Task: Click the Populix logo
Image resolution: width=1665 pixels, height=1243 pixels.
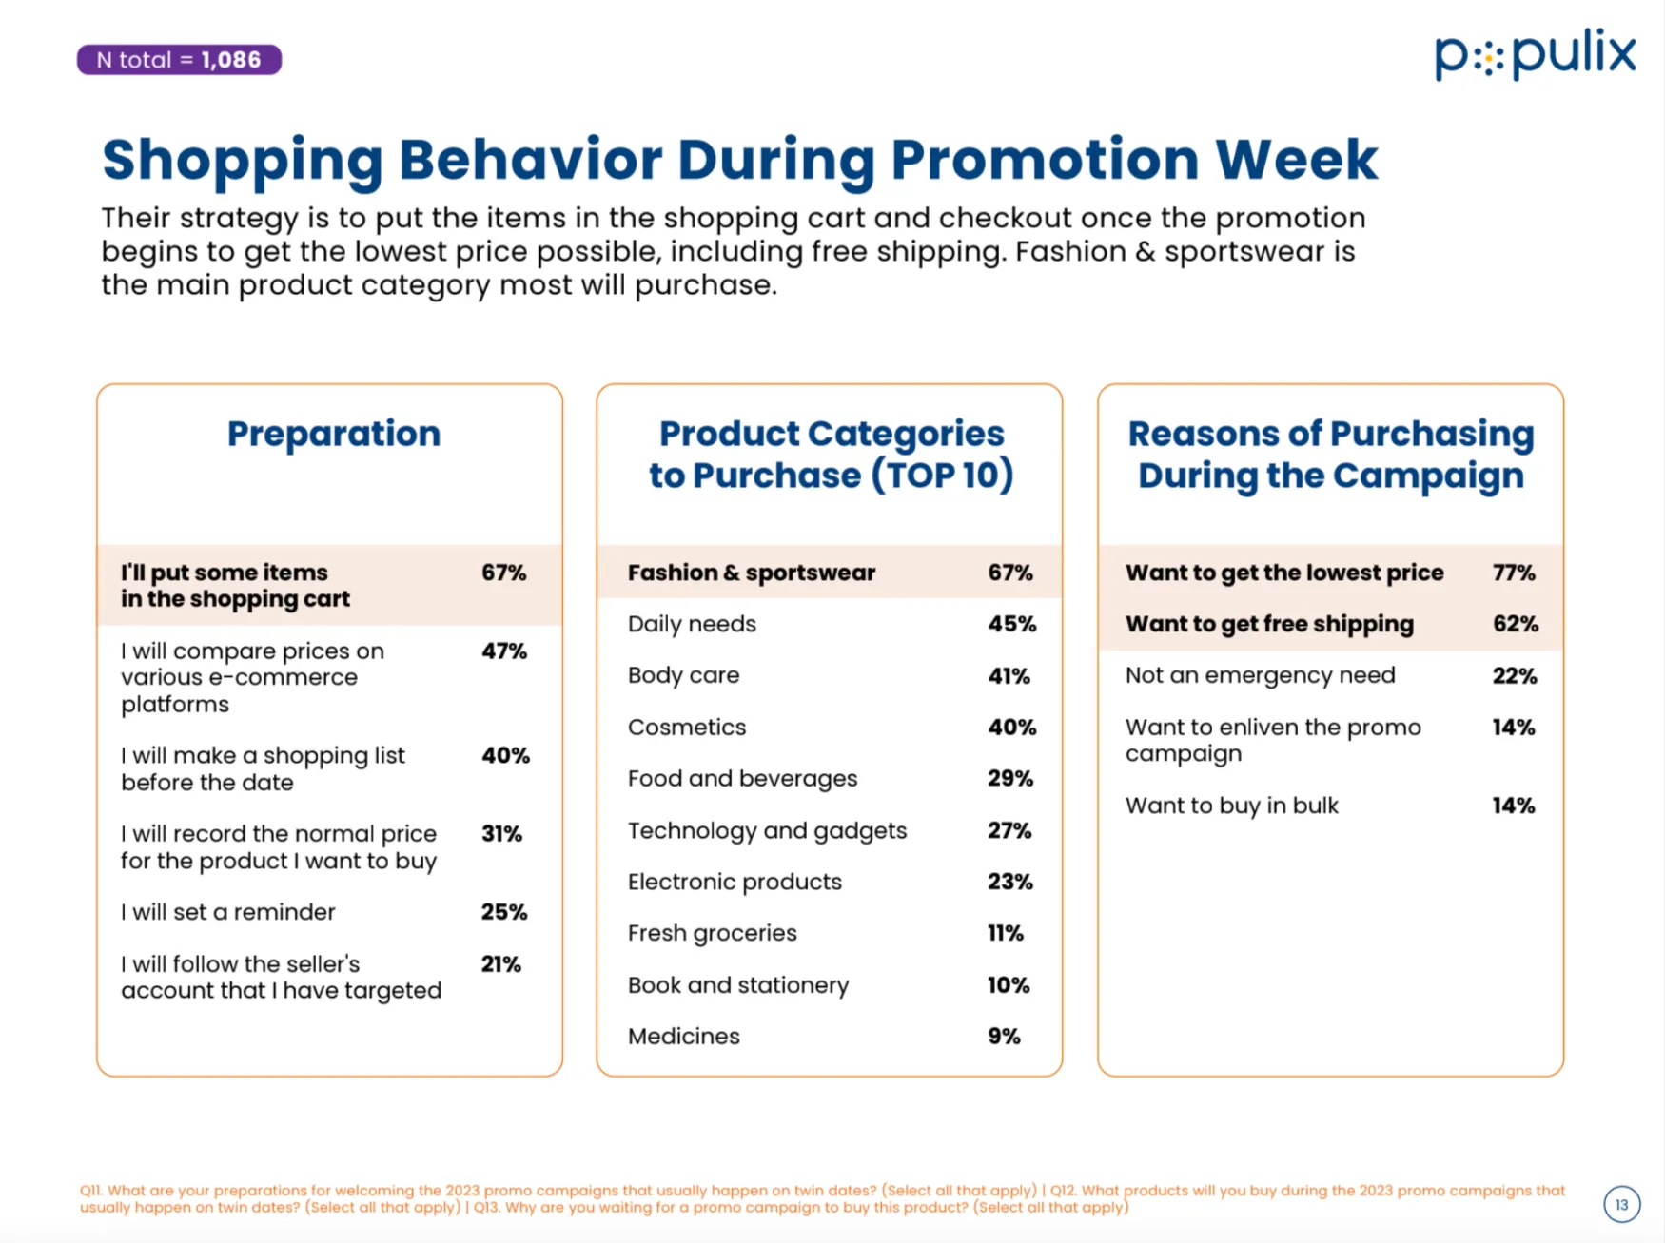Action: click(x=1535, y=54)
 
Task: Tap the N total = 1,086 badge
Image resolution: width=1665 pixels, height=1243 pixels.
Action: click(x=179, y=60)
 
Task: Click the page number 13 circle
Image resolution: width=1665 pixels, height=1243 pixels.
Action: click(x=1621, y=1204)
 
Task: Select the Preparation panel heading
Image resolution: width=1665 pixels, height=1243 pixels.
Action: click(x=333, y=434)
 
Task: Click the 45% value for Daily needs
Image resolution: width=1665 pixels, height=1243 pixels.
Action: click(x=1011, y=624)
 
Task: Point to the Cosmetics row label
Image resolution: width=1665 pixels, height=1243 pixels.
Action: click(x=687, y=728)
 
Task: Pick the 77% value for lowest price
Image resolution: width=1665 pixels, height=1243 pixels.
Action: click(x=1514, y=573)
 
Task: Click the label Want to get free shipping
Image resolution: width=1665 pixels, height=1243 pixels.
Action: click(x=1269, y=624)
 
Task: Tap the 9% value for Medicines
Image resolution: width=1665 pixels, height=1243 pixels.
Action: click(x=1004, y=1037)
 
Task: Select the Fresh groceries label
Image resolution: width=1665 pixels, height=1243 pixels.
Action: click(x=712, y=933)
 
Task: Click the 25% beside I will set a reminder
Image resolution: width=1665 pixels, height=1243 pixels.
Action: click(x=503, y=912)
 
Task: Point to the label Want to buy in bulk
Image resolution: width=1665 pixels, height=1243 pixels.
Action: click(x=1231, y=806)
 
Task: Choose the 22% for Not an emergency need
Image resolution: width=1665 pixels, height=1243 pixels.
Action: click(x=1514, y=676)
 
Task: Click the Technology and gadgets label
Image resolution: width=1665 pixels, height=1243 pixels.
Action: click(x=767, y=830)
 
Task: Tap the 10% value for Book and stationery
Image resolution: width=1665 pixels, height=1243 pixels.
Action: click(x=1009, y=985)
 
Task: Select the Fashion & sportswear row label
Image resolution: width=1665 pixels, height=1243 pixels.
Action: click(x=751, y=573)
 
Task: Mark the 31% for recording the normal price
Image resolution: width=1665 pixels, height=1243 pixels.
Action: click(x=501, y=834)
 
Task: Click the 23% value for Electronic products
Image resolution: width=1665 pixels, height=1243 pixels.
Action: click(x=1009, y=882)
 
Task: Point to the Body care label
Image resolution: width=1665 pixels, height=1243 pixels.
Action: click(x=683, y=675)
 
